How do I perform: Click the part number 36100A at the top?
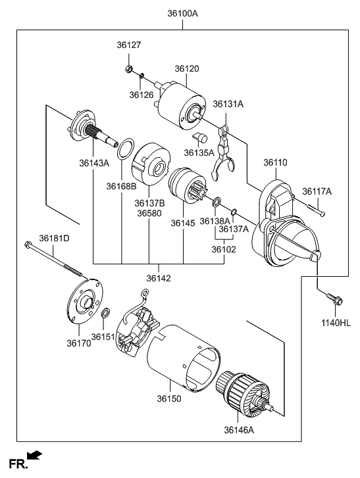tap(182, 14)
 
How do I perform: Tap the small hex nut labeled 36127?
tap(129, 69)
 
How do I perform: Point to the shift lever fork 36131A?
tap(223, 153)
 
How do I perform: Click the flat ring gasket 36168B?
tap(126, 149)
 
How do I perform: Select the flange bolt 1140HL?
tap(335, 299)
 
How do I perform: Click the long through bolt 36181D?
tap(55, 260)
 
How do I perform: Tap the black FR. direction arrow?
tap(34, 455)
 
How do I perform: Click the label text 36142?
tap(159, 278)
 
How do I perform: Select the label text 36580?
tap(149, 213)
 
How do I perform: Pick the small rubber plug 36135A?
tap(200, 137)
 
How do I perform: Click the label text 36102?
tap(224, 249)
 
